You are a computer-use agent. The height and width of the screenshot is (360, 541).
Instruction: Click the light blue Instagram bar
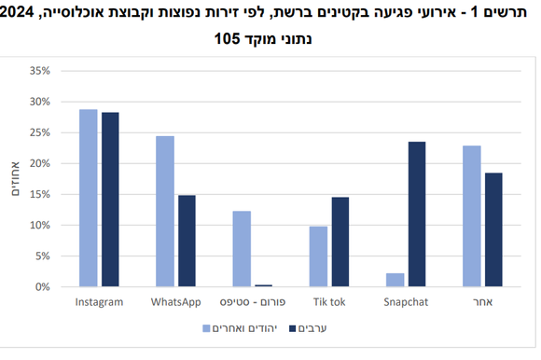tap(89, 198)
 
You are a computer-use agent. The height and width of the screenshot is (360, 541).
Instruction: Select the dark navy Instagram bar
tap(110, 200)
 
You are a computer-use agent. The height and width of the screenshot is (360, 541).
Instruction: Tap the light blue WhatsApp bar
tap(165, 211)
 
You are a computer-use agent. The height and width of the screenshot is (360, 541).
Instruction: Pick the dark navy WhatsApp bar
tap(187, 241)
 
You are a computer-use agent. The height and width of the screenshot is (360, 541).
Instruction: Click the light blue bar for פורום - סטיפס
tap(242, 249)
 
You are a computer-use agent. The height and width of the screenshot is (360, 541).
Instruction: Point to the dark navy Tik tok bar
tap(340, 242)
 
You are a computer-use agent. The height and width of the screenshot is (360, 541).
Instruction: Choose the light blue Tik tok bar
tap(319, 256)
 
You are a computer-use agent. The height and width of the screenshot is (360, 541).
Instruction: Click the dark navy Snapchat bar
tap(417, 214)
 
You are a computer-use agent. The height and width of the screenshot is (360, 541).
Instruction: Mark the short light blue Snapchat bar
tap(395, 280)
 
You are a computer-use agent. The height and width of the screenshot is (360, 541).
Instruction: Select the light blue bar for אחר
tap(472, 215)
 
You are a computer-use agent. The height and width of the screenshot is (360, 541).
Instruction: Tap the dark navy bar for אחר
tap(493, 229)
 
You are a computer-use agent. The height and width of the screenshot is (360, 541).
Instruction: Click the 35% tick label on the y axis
tap(40, 71)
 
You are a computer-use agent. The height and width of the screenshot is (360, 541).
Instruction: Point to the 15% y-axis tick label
tap(40, 194)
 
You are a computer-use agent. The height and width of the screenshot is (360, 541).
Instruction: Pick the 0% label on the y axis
tap(43, 286)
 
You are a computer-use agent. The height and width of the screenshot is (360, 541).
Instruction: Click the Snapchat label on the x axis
tap(406, 303)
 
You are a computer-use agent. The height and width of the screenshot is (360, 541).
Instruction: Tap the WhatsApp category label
tap(176, 303)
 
